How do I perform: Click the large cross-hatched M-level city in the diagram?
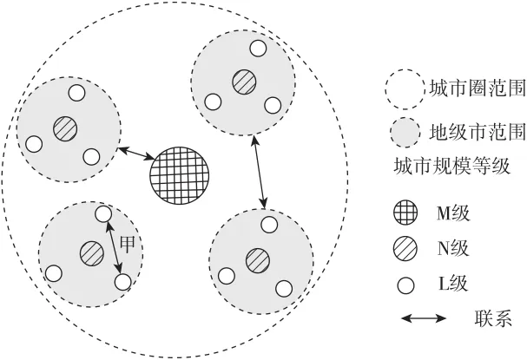pyautogui.click(x=180, y=175)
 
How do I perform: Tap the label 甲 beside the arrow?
pyautogui.click(x=127, y=244)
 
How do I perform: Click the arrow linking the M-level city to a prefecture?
pyautogui.click(x=135, y=154)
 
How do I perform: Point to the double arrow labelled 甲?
pyautogui.click(x=114, y=248)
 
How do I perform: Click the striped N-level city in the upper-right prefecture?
pyautogui.click(x=244, y=82)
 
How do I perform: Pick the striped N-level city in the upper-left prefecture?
pyautogui.click(x=65, y=128)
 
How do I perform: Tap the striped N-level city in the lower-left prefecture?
pyautogui.click(x=92, y=253)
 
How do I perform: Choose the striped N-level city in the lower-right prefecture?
pyautogui.click(x=258, y=260)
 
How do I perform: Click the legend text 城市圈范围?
pyautogui.click(x=478, y=89)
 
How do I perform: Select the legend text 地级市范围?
pyautogui.click(x=478, y=132)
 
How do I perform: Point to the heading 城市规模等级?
pyautogui.click(x=452, y=166)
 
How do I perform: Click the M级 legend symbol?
pyautogui.click(x=405, y=213)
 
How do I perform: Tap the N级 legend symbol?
pyautogui.click(x=405, y=249)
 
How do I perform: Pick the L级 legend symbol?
pyautogui.click(x=405, y=285)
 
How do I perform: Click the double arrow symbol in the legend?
pyautogui.click(x=424, y=318)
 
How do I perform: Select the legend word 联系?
pyautogui.click(x=493, y=317)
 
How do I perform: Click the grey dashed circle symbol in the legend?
pyautogui.click(x=405, y=133)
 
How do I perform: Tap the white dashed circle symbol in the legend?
pyautogui.click(x=405, y=89)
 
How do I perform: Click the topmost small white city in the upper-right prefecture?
pyautogui.click(x=258, y=48)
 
